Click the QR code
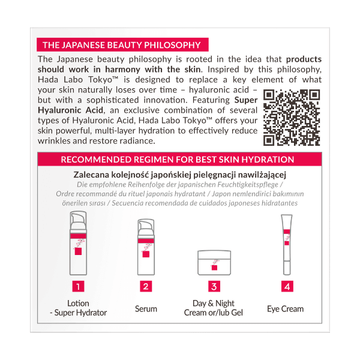(292, 117)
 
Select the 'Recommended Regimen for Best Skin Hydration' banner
(180, 160)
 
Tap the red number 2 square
(146, 286)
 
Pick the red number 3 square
(214, 286)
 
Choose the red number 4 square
(287, 286)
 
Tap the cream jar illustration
(215, 263)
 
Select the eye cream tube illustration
(286, 246)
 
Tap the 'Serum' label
(146, 308)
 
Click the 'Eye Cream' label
(285, 308)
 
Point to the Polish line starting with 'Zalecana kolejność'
(181, 174)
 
